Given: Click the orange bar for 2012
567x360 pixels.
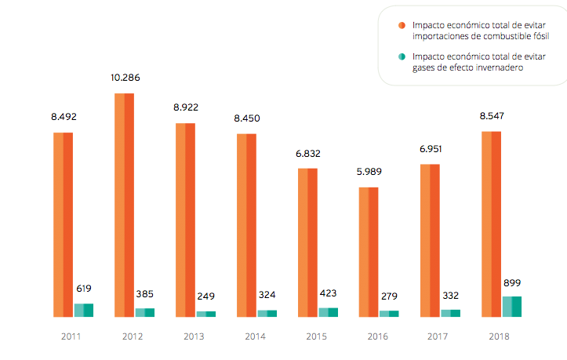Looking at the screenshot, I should (124, 205).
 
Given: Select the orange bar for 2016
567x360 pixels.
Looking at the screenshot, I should (369, 252).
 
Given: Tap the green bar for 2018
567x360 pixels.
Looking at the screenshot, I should (511, 306).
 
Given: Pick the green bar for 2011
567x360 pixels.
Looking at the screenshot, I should (83, 310).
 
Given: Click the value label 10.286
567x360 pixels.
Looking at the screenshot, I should (125, 78).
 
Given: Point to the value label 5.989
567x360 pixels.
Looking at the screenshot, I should (369, 173).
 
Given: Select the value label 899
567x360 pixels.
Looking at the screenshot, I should (511, 283).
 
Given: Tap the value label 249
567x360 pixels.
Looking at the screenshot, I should (206, 296).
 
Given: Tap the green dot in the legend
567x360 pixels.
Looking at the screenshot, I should (402, 57).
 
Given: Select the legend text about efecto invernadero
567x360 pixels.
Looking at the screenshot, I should (467, 62).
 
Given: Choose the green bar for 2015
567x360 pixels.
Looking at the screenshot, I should (328, 312).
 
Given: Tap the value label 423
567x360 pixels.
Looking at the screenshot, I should (329, 294).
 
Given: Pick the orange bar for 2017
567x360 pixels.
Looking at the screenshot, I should (430, 240).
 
